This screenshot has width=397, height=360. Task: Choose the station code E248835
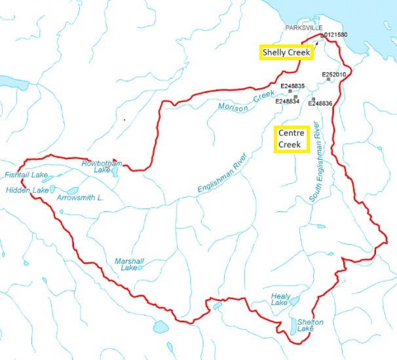293,86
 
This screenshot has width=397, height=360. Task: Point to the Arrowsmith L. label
80,197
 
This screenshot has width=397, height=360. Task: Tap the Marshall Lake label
129,264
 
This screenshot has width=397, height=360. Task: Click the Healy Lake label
280,299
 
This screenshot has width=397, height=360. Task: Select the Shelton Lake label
310,325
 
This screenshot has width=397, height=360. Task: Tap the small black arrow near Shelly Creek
316,45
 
